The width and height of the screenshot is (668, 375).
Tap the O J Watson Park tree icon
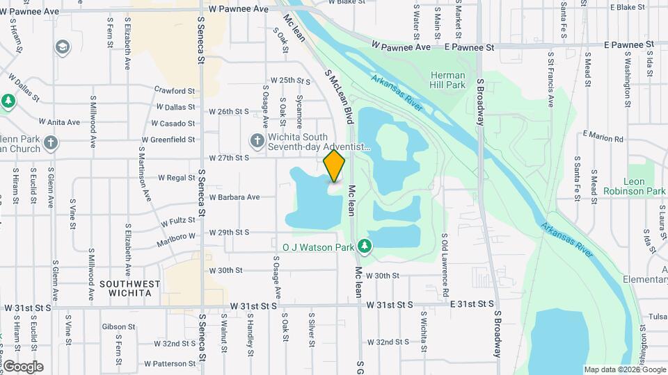click(364, 246)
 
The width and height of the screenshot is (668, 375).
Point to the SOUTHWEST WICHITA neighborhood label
click(130, 288)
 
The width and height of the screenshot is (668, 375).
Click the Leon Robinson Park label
click(634, 186)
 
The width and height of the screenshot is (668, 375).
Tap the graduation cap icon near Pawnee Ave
click(63, 47)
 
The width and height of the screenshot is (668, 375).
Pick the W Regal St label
click(177, 178)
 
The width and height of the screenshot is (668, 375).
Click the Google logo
click(22, 367)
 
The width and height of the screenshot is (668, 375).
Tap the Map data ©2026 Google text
click(625, 369)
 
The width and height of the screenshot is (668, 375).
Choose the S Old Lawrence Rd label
click(445, 265)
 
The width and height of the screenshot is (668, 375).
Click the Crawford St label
click(175, 91)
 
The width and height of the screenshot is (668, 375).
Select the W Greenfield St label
click(168, 140)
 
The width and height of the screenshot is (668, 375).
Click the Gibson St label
click(118, 326)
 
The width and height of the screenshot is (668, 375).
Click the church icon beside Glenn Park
click(51, 142)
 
